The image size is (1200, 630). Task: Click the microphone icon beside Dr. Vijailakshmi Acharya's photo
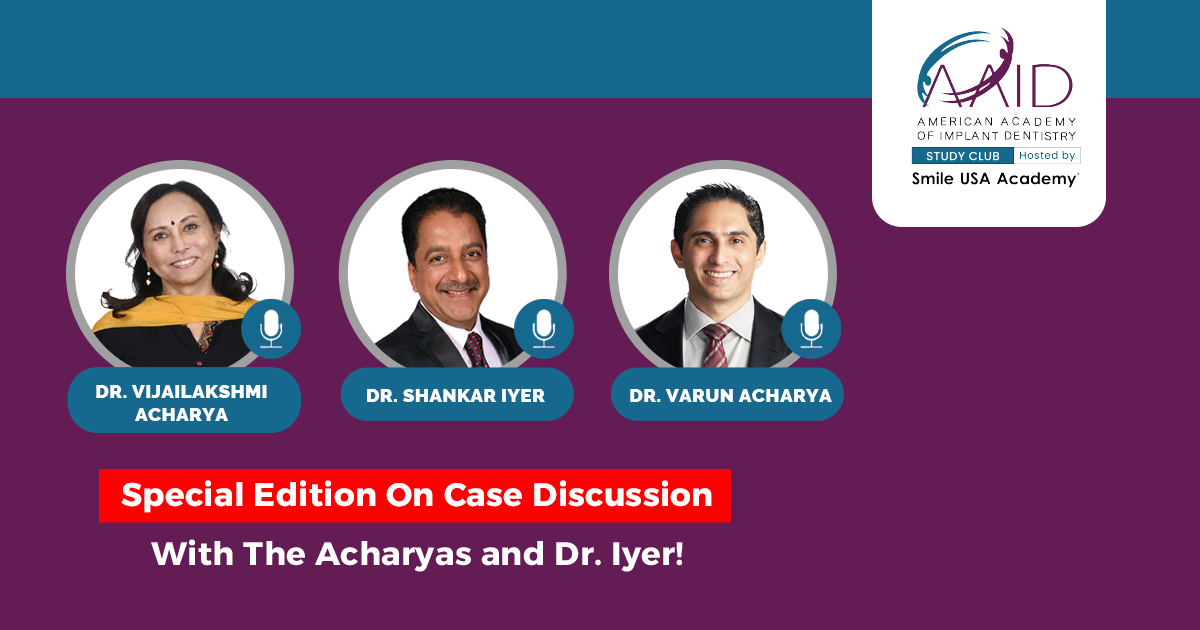271,328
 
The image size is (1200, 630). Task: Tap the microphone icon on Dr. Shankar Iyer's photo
544,328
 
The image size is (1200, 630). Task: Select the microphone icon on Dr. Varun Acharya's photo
811,328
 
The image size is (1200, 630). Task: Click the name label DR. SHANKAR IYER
455,396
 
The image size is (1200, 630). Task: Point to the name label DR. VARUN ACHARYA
730,396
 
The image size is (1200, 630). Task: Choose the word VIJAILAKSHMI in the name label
199,392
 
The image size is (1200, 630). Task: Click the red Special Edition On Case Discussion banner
415,496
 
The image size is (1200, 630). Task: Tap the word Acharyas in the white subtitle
393,553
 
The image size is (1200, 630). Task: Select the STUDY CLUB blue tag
963,156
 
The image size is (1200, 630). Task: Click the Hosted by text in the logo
1047,155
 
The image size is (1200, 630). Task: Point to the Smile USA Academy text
995,179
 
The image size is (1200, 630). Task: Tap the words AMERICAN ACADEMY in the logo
996,122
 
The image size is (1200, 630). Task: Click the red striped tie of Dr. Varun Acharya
715,344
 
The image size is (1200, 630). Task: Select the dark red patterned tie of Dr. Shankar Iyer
476,349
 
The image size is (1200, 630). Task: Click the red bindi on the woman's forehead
174,221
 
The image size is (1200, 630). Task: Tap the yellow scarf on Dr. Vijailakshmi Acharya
171,312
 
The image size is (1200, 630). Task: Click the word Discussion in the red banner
622,494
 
